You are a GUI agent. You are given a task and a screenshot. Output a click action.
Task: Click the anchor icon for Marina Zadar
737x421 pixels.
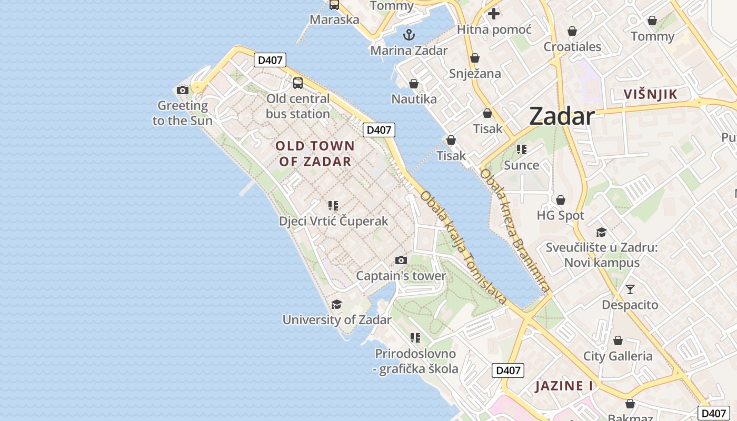point(409,35)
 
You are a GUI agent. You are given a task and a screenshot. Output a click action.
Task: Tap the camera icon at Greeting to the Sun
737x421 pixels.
point(183,90)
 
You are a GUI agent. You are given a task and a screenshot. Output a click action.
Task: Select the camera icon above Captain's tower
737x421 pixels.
point(401,260)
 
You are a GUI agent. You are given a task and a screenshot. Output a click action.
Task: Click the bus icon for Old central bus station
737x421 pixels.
point(298,83)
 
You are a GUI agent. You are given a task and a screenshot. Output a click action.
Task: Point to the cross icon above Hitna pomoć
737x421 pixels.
point(494,14)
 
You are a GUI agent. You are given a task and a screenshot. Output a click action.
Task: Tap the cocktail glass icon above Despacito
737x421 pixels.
point(630,289)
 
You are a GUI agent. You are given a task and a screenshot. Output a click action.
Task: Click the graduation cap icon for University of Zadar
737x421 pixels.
point(336,304)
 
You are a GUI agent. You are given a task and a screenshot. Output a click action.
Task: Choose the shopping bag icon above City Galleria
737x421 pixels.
point(618,340)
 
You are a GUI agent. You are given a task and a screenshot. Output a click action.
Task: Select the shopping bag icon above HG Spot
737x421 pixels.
point(561,200)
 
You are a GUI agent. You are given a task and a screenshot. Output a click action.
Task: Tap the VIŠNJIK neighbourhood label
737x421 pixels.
point(650,95)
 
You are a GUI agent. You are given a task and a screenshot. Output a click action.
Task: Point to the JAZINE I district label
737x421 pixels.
point(564,386)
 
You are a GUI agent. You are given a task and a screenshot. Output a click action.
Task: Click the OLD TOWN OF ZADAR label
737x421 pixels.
point(315,153)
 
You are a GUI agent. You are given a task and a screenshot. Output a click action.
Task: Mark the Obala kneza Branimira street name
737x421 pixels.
point(515,230)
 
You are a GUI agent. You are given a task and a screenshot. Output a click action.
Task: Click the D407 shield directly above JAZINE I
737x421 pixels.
point(509,370)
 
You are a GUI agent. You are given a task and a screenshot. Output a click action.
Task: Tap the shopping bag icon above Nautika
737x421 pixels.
point(414,84)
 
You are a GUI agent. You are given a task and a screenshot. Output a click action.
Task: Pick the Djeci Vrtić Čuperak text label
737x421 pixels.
point(333,221)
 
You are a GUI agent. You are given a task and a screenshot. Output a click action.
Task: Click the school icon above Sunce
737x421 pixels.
point(522,149)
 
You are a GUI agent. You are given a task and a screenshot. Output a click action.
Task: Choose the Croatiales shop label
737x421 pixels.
point(572,47)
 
